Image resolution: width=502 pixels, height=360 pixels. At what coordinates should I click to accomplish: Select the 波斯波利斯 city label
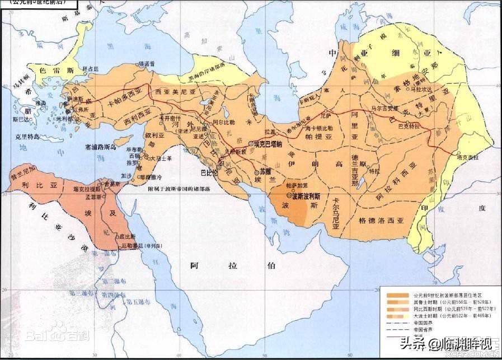coord(306,197)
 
